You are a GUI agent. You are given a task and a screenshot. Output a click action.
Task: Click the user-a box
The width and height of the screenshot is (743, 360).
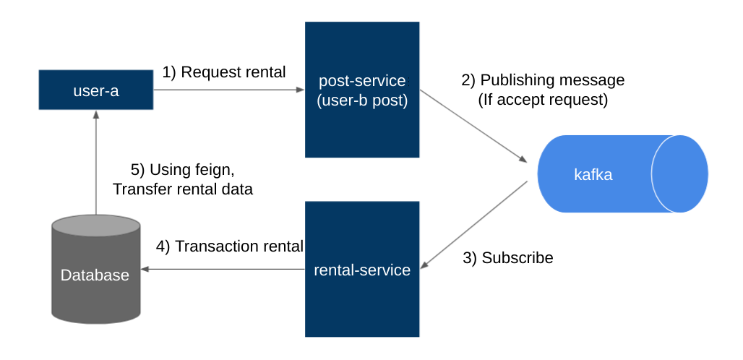95,90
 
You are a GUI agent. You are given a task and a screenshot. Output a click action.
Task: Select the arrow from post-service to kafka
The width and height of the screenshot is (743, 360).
473,126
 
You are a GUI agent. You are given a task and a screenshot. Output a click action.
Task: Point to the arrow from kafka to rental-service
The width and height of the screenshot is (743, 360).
473,224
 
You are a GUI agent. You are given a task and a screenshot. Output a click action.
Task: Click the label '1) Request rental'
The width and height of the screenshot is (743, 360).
224,72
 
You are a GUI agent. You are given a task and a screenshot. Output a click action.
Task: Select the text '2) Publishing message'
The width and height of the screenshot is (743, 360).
543,80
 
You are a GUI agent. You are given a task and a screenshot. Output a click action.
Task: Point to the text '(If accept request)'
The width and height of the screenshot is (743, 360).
543,100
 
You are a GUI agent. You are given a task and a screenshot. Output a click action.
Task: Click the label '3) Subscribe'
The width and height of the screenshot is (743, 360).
507,257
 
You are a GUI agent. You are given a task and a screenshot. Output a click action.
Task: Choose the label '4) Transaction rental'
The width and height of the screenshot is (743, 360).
230,247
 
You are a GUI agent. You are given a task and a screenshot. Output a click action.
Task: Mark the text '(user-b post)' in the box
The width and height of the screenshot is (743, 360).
362,100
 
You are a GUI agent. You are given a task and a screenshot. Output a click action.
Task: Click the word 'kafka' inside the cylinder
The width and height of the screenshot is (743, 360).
593,174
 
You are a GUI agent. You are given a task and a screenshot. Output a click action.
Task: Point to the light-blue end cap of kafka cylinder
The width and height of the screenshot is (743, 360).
679,174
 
